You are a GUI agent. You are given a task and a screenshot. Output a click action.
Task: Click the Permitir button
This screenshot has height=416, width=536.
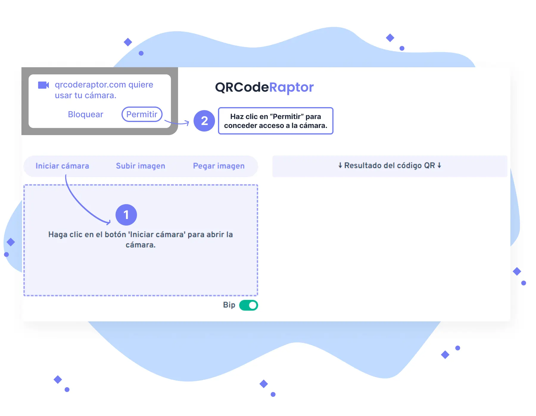(142, 114)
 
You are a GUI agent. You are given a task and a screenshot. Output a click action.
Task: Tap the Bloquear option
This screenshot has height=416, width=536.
(85, 114)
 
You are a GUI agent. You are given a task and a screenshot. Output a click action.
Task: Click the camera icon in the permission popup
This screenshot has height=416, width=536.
(43, 85)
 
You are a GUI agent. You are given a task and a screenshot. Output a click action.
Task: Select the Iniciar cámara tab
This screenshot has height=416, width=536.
(62, 166)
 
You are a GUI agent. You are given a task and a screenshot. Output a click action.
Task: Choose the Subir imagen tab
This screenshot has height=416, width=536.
(141, 166)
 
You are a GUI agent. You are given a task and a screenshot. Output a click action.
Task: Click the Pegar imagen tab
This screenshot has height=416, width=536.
(219, 166)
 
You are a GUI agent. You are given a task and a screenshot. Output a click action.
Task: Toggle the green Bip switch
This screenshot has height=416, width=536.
(249, 305)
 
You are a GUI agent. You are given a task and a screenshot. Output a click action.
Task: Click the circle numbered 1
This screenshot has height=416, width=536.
(126, 215)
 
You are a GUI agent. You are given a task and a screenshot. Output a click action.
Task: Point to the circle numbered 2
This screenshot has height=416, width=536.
(204, 121)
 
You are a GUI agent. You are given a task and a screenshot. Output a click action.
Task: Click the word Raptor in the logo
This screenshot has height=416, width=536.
(291, 87)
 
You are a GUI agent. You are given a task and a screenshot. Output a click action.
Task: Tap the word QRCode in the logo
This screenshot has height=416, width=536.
(242, 87)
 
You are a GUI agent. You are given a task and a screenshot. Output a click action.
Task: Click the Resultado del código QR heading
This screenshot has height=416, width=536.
(389, 165)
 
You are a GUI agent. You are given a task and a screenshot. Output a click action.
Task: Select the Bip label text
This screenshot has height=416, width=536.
(229, 305)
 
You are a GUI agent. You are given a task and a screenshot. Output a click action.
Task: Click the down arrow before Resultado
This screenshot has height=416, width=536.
(340, 165)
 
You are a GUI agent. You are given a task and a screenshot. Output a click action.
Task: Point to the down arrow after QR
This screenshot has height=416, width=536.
(439, 165)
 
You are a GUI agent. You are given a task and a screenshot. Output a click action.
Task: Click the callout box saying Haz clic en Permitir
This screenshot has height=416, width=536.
(275, 121)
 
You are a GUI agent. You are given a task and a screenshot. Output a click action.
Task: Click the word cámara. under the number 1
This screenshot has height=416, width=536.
(141, 245)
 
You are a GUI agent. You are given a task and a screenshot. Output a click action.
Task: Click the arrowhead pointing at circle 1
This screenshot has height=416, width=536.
(109, 222)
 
